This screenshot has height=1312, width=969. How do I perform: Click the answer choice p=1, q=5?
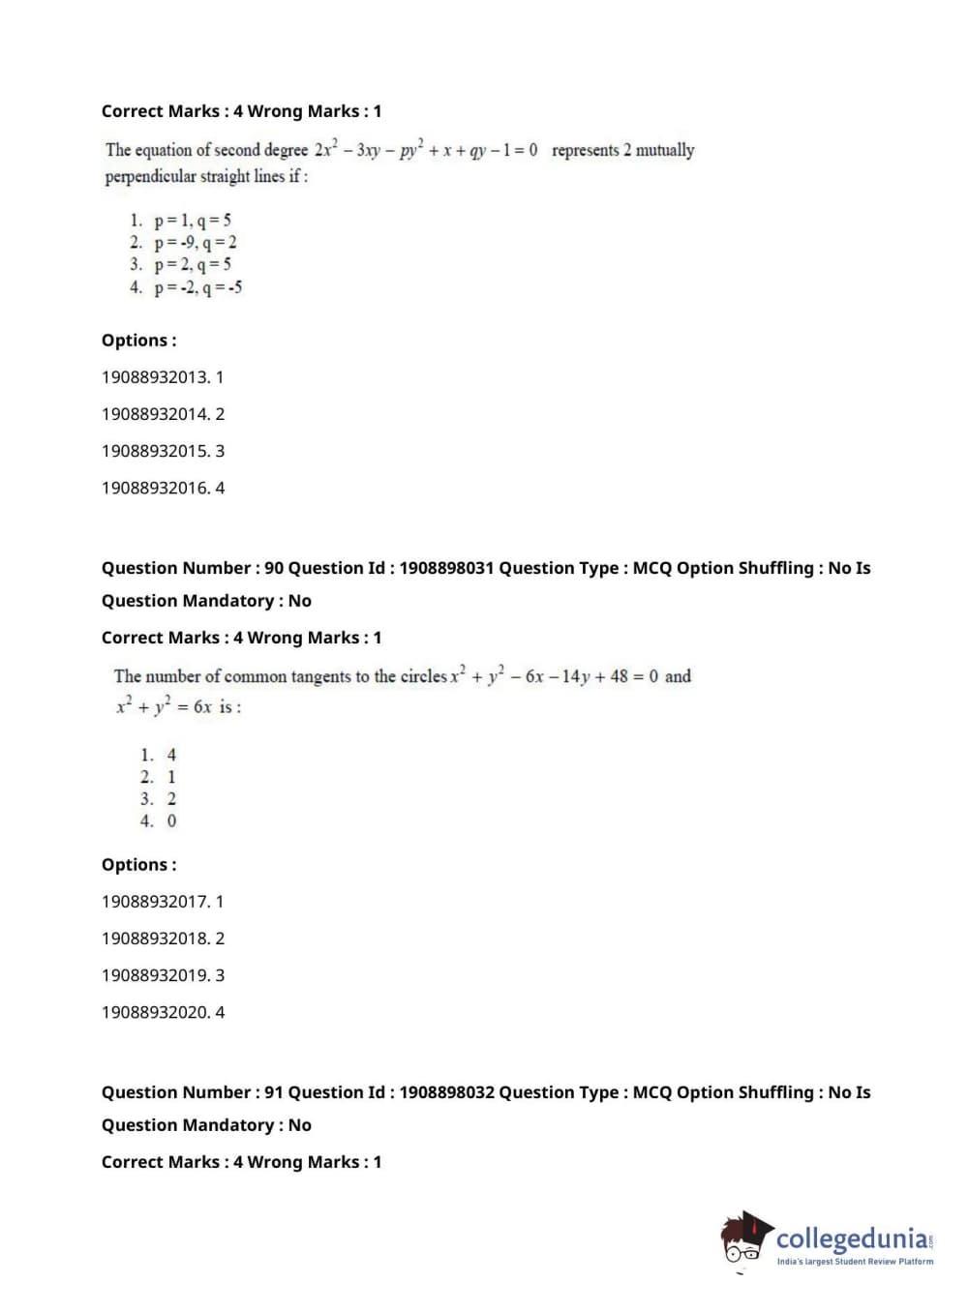point(192,221)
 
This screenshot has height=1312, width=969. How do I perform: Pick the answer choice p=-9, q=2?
point(195,243)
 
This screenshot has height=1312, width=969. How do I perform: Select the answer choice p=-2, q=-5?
point(197,287)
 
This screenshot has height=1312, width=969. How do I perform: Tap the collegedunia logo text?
point(852,1239)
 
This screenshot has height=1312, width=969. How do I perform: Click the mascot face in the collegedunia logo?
point(743,1242)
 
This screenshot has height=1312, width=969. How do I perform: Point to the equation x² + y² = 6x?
point(164,707)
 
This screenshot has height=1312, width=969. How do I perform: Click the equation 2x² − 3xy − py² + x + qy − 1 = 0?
point(426,151)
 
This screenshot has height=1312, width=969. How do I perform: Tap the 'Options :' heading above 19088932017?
point(139,865)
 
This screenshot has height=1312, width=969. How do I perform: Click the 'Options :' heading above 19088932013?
point(139,341)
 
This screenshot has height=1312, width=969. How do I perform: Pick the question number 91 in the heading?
point(273,1092)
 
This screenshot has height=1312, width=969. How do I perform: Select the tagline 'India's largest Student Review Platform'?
point(855,1262)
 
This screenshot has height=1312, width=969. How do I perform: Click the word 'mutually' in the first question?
point(665,151)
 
